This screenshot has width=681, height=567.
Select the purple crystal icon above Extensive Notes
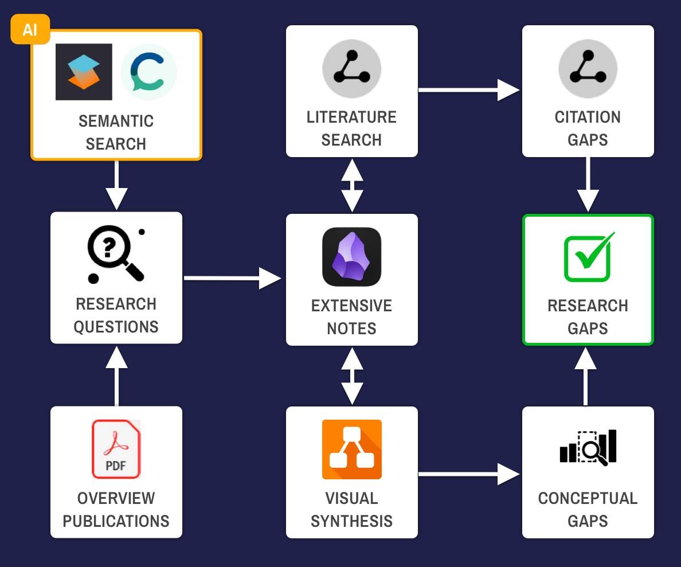coord(351,257)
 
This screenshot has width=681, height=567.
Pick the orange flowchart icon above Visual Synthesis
coord(351,449)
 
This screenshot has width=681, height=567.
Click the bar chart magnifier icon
coord(588,447)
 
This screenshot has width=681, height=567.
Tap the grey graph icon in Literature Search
coord(351,69)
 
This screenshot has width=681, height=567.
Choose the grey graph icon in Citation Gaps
coord(588,69)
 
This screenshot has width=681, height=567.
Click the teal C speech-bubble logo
coord(149,72)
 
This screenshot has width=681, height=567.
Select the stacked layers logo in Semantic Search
coord(84,72)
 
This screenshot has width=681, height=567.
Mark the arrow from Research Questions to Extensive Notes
coord(232,278)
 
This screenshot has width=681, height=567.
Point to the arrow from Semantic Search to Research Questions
coord(116,185)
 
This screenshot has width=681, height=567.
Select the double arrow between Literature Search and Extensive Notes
coord(351,185)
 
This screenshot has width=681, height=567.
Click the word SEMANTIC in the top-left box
coord(116,122)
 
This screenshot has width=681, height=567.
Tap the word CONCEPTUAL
coord(588,498)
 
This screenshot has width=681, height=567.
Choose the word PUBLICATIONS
coord(116,521)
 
